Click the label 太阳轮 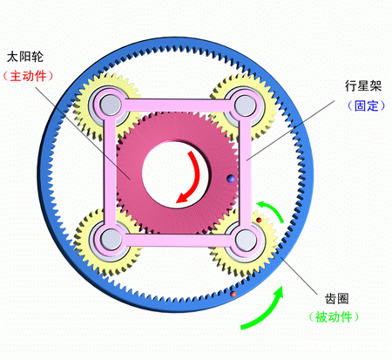(25, 57)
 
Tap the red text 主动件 (28, 76)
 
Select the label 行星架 (363, 86)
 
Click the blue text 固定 (367, 105)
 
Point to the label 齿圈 (336, 298)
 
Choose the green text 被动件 (334, 316)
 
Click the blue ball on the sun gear (232, 179)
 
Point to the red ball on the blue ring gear (233, 295)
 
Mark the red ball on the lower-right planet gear (259, 221)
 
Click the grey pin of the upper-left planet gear (111, 105)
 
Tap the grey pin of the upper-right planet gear (245, 105)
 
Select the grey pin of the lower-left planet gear (111, 240)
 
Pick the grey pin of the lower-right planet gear (246, 241)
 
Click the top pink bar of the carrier (178, 105)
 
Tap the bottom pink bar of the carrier (178, 241)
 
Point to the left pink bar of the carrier (110, 172)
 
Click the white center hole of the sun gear (174, 173)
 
